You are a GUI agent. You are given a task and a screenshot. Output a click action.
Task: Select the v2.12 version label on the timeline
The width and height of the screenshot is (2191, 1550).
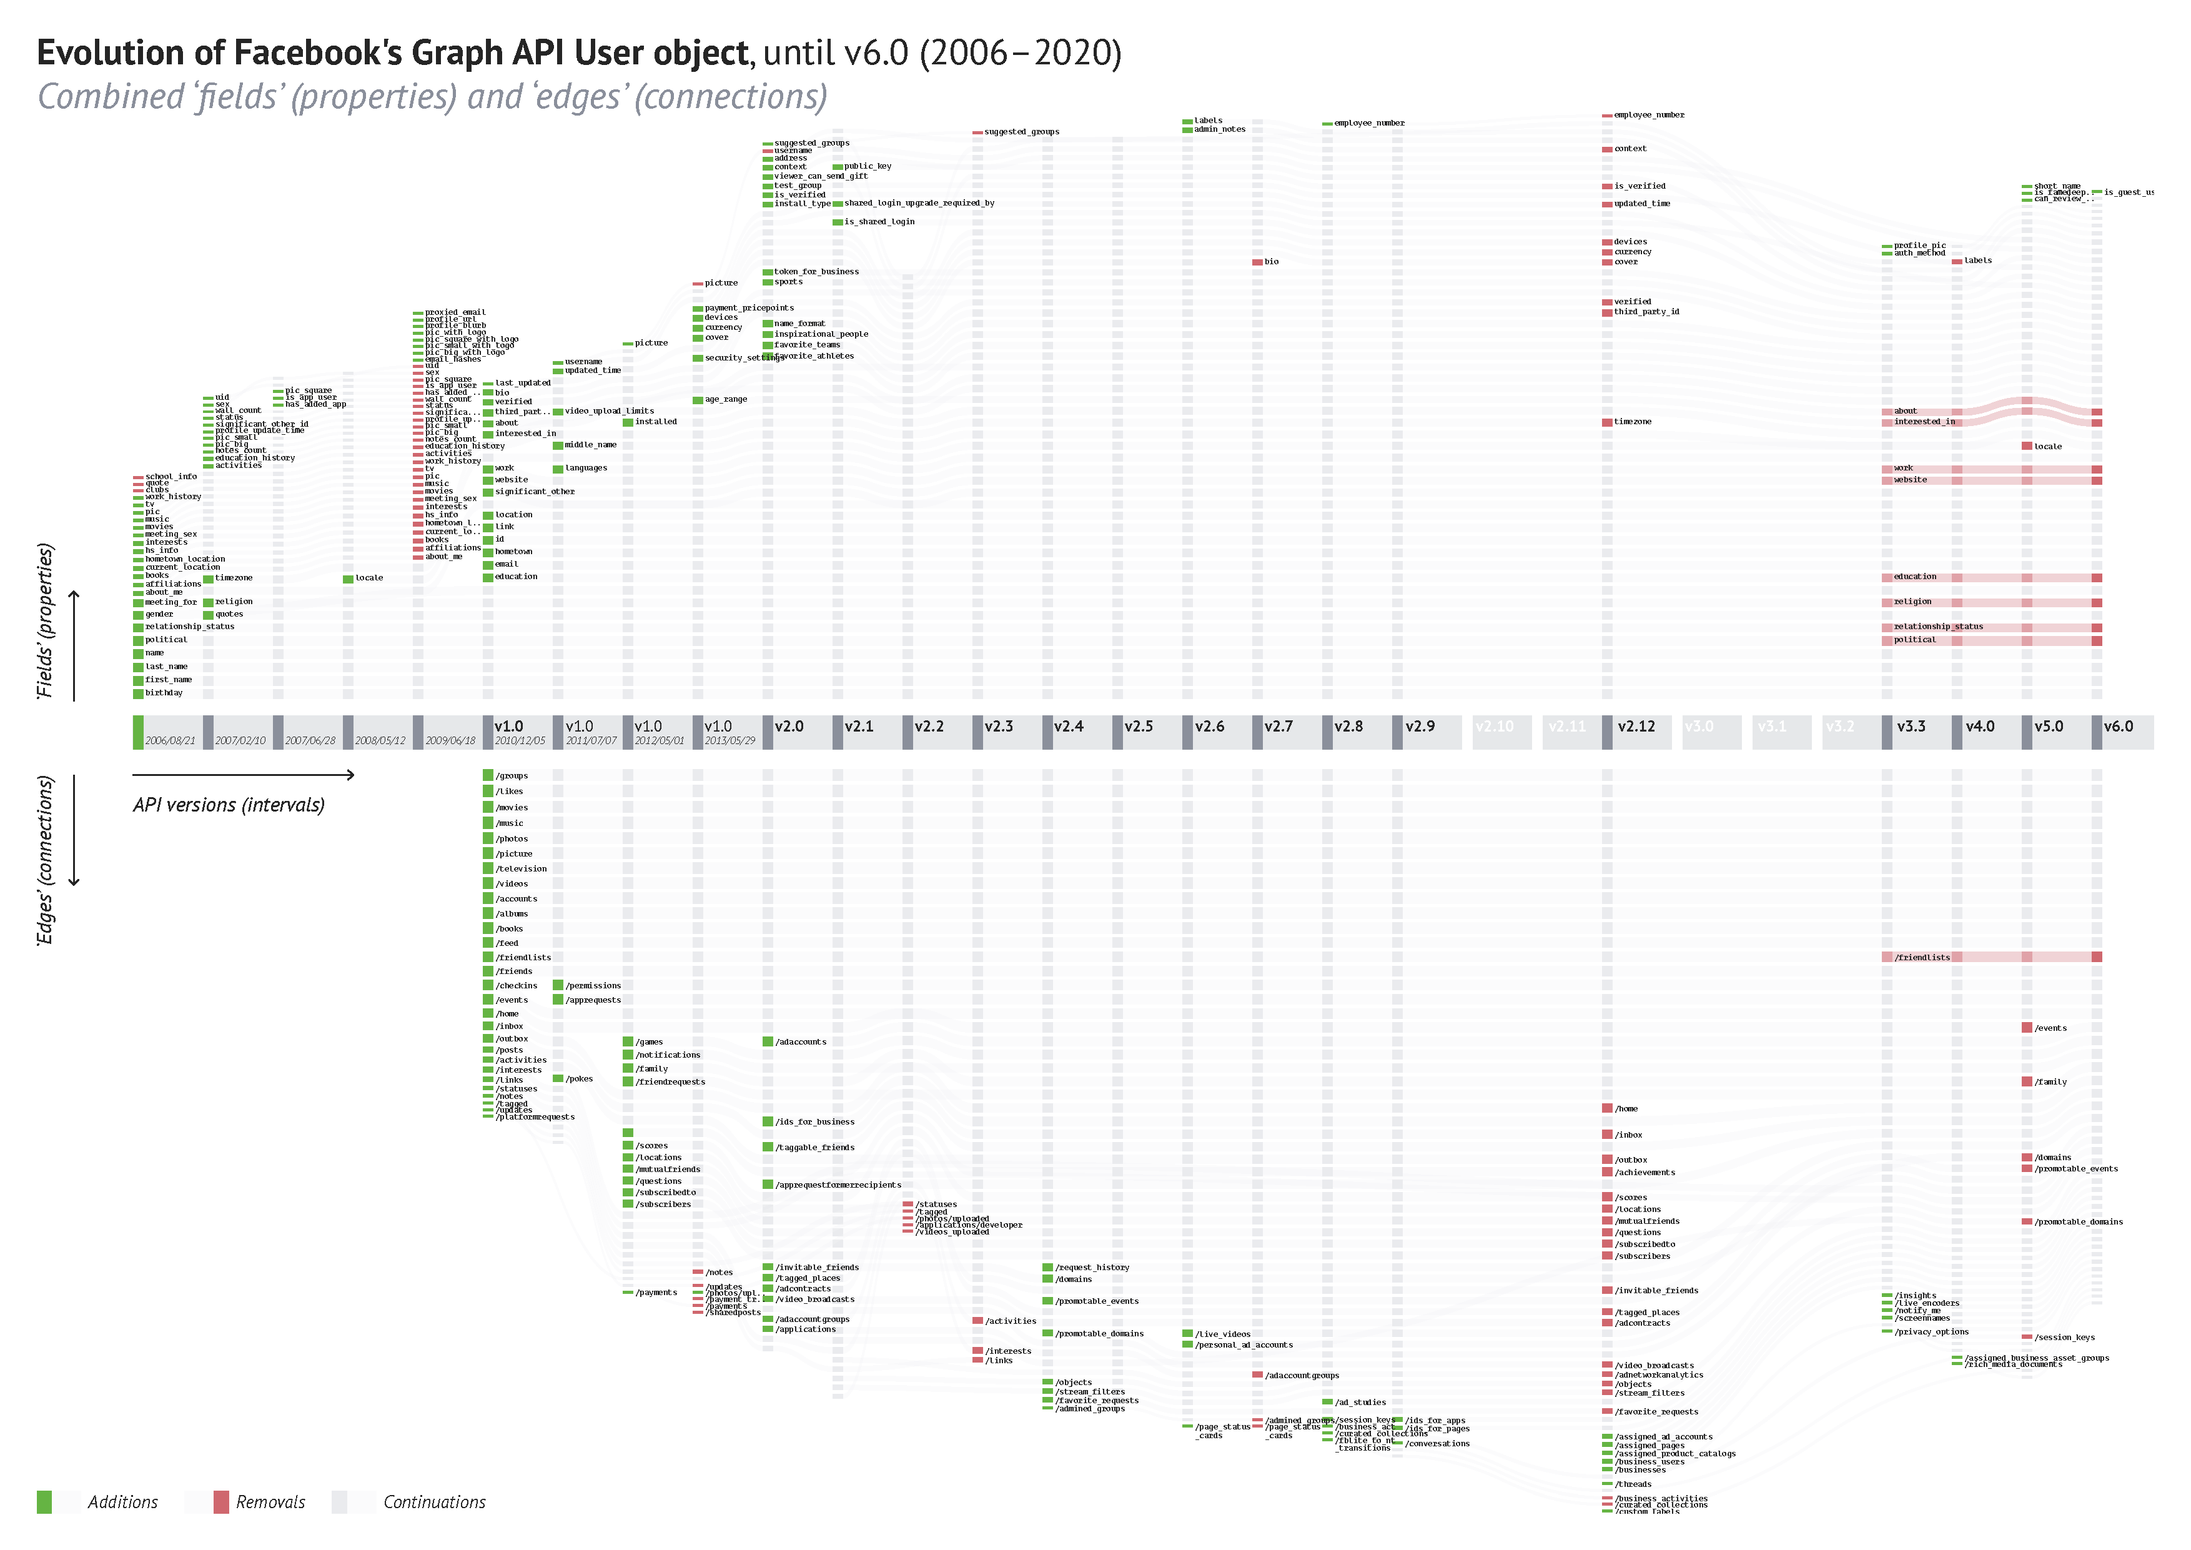(x=1636, y=727)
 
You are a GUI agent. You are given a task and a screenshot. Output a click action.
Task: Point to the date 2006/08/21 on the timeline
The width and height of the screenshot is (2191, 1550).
(x=170, y=741)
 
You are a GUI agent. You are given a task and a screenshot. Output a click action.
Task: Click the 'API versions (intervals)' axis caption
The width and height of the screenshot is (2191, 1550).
(x=229, y=805)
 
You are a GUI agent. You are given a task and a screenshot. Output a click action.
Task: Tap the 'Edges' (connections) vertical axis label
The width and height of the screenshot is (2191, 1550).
(x=45, y=860)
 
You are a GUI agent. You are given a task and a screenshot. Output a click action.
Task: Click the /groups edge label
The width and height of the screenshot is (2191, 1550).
(x=512, y=776)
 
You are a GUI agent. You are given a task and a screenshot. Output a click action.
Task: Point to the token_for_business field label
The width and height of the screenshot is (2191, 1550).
(x=816, y=272)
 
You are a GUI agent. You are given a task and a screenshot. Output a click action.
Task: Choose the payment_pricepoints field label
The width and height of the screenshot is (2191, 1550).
(x=749, y=308)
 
